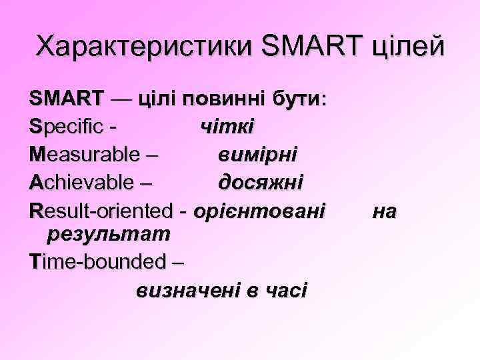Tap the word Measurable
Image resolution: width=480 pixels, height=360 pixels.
85,155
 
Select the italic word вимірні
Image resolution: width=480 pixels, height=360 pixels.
258,155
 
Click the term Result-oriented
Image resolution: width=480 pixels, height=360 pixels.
101,211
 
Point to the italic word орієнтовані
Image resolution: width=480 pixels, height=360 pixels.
260,211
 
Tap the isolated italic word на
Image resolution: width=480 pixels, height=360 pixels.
385,211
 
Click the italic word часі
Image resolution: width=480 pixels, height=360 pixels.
286,291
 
